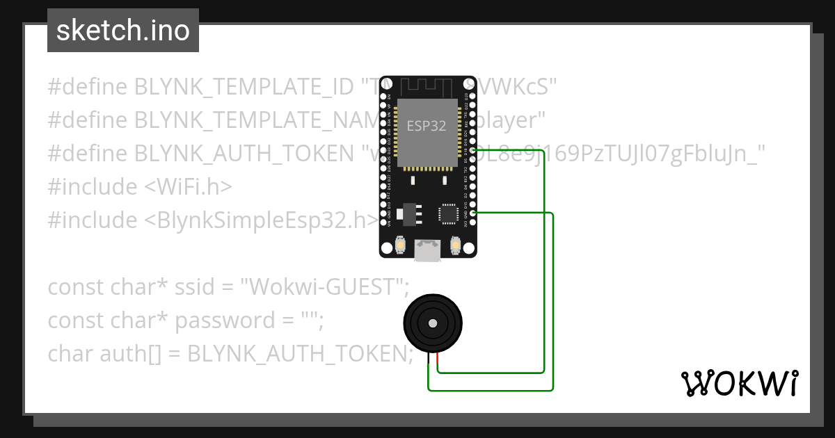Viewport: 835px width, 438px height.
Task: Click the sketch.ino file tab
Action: click(x=123, y=31)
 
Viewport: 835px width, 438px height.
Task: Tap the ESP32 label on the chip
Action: click(x=427, y=126)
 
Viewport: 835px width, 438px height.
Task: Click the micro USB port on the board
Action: click(x=427, y=251)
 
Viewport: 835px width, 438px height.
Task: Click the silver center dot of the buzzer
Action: click(x=433, y=323)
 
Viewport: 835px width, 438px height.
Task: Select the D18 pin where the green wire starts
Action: click(x=473, y=149)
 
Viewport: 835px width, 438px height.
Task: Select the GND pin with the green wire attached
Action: click(x=473, y=213)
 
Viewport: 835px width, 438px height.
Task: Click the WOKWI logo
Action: click(x=739, y=383)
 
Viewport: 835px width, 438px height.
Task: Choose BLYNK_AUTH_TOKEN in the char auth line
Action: click(x=296, y=354)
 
